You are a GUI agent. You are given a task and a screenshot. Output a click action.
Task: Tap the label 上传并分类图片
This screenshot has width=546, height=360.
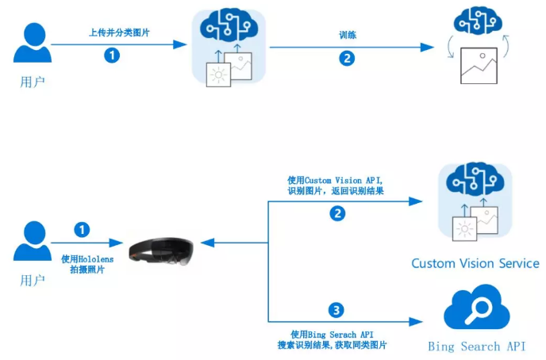(x=119, y=33)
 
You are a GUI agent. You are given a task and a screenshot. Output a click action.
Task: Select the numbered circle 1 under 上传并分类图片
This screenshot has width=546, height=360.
(x=113, y=56)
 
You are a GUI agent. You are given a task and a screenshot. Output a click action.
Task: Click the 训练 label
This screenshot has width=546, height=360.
(x=347, y=35)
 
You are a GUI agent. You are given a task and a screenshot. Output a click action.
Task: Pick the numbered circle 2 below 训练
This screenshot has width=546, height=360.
(x=347, y=58)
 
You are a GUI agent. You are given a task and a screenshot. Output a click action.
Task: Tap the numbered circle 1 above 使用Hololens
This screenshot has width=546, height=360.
(x=82, y=229)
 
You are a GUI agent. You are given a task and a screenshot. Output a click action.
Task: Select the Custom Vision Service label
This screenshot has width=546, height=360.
(x=475, y=263)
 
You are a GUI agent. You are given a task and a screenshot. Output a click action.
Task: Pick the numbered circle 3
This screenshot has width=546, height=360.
(x=337, y=309)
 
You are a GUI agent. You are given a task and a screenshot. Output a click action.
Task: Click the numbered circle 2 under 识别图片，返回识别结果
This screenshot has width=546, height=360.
(x=337, y=213)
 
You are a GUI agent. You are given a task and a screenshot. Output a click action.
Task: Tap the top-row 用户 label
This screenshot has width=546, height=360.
(x=33, y=81)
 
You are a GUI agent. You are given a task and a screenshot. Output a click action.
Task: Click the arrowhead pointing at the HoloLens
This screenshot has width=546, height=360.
(x=205, y=244)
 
